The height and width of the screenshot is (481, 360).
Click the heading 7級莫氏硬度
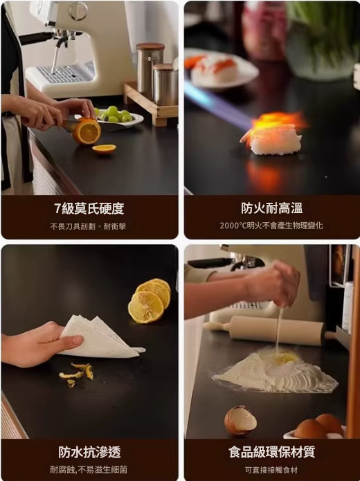coord(89,208)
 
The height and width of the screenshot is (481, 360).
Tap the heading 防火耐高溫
coord(271,208)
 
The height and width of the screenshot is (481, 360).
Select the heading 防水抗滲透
coord(89,452)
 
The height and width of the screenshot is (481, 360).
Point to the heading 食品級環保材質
coord(271,452)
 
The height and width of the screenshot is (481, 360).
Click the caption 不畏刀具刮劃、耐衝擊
coord(89,226)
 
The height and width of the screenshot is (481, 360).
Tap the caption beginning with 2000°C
coord(271,226)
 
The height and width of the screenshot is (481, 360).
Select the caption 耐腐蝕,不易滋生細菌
coord(89,470)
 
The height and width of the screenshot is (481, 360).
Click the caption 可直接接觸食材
coord(271,470)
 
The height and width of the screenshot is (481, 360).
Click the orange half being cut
coord(87,131)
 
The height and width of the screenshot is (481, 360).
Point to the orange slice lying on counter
coord(104,149)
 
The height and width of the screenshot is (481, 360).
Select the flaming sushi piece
coord(275,138)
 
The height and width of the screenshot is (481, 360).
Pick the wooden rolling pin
coord(277,331)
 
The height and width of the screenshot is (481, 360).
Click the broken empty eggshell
coord(240,420)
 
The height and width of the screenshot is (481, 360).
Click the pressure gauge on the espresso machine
coord(78,10)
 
